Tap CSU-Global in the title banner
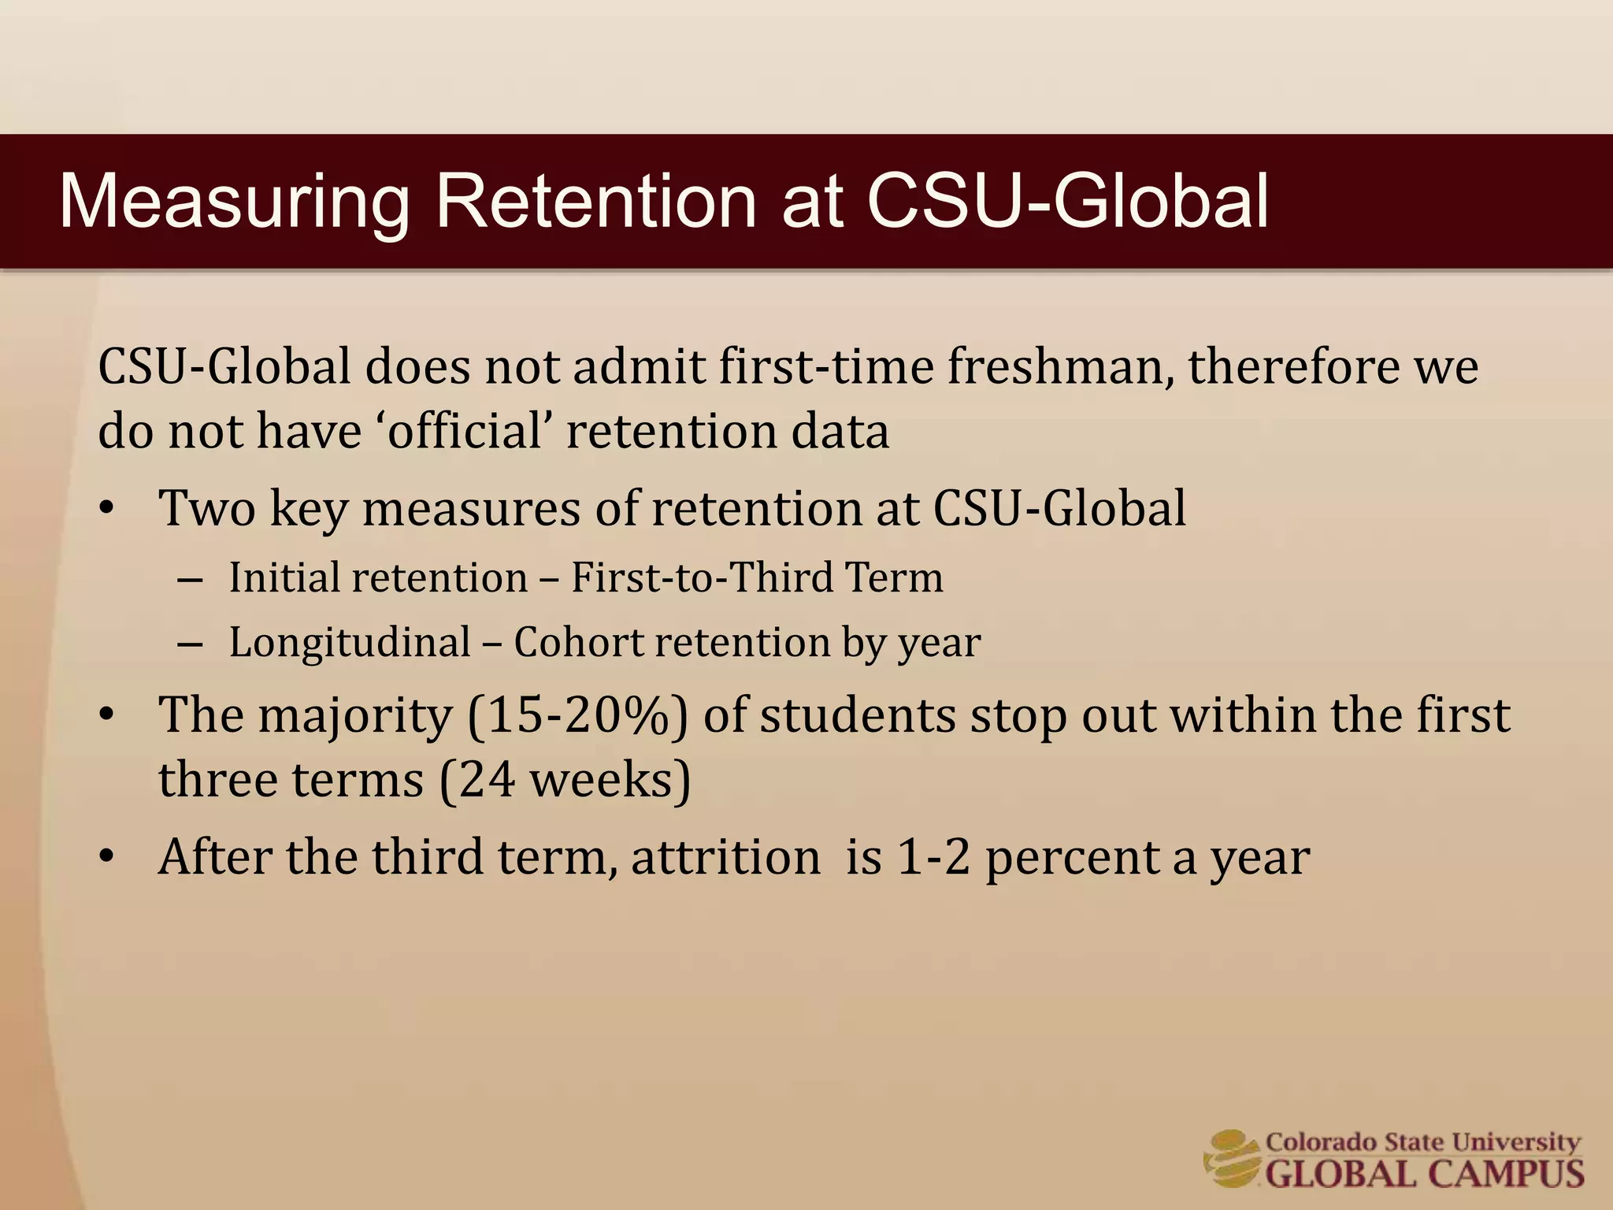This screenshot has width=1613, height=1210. click(1068, 202)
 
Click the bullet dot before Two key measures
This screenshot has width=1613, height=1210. click(108, 509)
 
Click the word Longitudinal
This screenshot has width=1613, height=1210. click(350, 642)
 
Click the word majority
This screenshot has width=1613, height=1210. click(355, 715)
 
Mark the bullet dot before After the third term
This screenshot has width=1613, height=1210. click(108, 857)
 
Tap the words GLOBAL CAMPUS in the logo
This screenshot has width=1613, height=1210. click(1424, 1173)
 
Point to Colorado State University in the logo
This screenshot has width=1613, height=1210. click(1422, 1141)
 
